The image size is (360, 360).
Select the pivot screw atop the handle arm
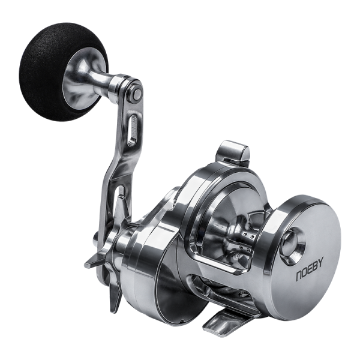[137, 94]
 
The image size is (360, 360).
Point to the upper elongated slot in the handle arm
[133, 130]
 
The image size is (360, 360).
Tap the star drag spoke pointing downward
[115, 296]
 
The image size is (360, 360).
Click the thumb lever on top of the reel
[232, 152]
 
